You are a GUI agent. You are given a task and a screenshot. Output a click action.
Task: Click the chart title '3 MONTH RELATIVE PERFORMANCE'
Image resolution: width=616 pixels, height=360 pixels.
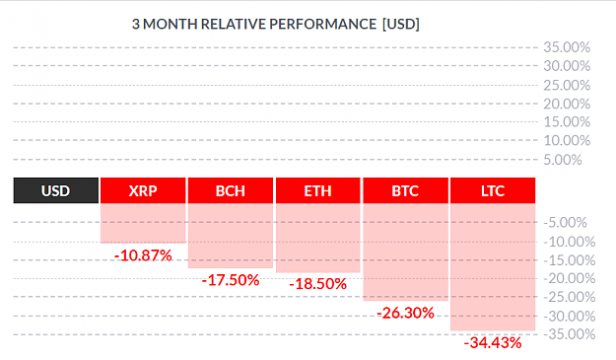[254, 24]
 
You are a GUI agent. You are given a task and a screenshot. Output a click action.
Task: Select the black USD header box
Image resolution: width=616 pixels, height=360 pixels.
[56, 190]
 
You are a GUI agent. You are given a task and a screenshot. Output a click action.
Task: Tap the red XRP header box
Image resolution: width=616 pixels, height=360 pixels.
[143, 190]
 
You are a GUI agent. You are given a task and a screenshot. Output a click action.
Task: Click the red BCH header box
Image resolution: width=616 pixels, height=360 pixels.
[231, 190]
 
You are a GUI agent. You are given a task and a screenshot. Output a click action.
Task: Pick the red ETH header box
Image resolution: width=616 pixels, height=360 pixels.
[317, 190]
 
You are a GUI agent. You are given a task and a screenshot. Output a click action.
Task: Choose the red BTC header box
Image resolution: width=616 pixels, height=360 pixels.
[405, 190]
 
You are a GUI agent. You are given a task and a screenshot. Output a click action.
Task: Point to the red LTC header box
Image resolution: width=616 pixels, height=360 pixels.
[493, 190]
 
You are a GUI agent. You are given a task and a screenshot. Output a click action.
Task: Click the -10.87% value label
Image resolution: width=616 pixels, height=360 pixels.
[143, 255]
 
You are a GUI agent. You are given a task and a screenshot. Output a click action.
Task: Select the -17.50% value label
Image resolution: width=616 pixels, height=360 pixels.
[231, 280]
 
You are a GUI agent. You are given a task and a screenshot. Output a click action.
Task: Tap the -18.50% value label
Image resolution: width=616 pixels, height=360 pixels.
[317, 284]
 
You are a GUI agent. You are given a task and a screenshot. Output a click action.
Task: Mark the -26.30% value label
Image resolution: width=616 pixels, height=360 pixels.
[405, 314]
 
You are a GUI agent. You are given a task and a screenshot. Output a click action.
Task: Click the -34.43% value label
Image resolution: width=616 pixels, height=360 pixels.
[493, 342]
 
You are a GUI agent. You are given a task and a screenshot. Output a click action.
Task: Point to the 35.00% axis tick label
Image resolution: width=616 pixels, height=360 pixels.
[567, 47]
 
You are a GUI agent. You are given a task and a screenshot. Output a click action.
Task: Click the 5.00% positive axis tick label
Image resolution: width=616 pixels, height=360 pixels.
[563, 160]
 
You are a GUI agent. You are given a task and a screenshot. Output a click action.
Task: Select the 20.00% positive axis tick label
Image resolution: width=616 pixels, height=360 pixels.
[567, 105]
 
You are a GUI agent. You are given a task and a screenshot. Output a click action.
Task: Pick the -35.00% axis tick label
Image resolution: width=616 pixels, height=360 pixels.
[570, 334]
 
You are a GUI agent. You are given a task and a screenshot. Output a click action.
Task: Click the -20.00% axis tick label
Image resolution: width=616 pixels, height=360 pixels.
[570, 279]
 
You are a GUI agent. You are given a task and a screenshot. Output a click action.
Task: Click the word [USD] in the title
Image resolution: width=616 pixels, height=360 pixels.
[401, 24]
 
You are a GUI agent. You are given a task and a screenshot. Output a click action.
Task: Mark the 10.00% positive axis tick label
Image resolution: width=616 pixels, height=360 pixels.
[567, 140]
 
